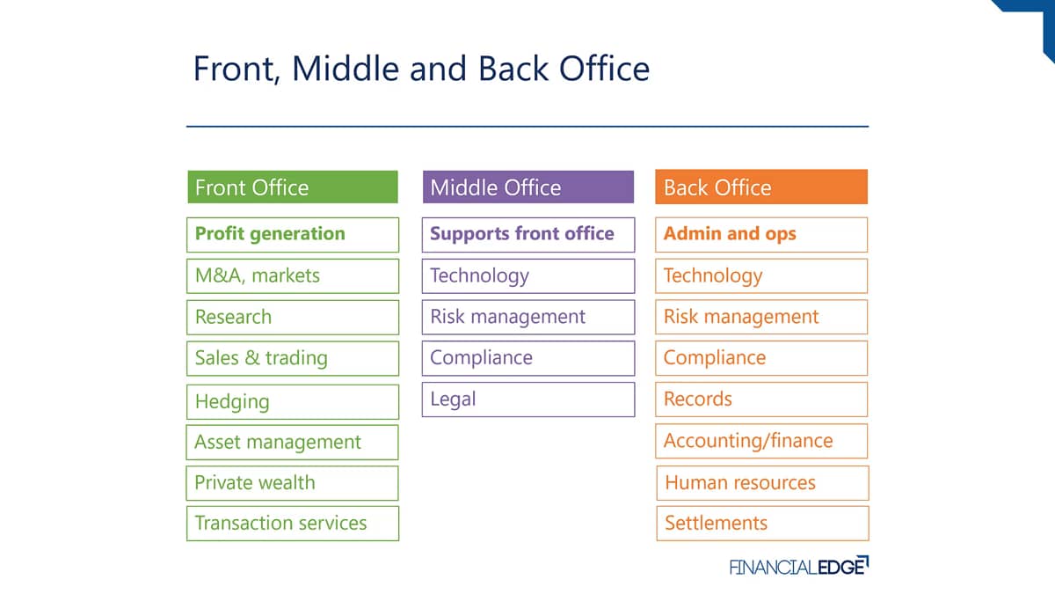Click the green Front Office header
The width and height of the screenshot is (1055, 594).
click(293, 187)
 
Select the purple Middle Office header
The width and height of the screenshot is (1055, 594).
click(528, 187)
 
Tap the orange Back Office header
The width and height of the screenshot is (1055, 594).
click(761, 187)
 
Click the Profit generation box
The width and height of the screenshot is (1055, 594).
click(293, 235)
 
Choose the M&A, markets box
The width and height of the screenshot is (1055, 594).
click(293, 275)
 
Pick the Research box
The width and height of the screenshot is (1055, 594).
click(293, 318)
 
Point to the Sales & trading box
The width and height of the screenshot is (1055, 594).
click(293, 358)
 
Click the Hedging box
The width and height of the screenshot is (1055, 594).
click(293, 401)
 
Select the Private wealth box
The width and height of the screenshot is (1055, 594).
click(292, 483)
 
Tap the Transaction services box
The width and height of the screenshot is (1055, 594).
click(293, 524)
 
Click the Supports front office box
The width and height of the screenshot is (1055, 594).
click(528, 235)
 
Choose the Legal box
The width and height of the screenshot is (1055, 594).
click(528, 400)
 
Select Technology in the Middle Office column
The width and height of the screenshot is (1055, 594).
click(528, 275)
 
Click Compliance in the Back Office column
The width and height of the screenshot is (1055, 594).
click(761, 358)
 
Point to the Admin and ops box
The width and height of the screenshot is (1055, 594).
click(761, 235)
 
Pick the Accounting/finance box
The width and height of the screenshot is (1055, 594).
click(761, 441)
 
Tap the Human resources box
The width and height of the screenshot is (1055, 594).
click(762, 483)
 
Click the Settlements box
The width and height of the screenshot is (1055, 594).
click(762, 524)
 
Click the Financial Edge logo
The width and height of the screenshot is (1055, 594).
click(799, 566)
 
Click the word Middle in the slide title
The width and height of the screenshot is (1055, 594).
click(346, 69)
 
